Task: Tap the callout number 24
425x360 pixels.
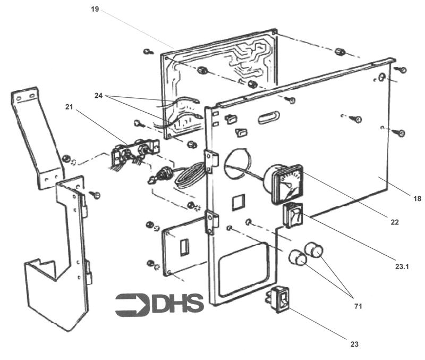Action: tap(98, 96)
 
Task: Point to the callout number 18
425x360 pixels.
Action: tap(417, 198)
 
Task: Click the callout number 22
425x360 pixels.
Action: tap(394, 222)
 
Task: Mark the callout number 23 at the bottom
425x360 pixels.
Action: tap(354, 344)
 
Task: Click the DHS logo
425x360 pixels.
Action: tap(159, 304)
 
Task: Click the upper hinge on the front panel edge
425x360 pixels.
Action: tap(211, 162)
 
